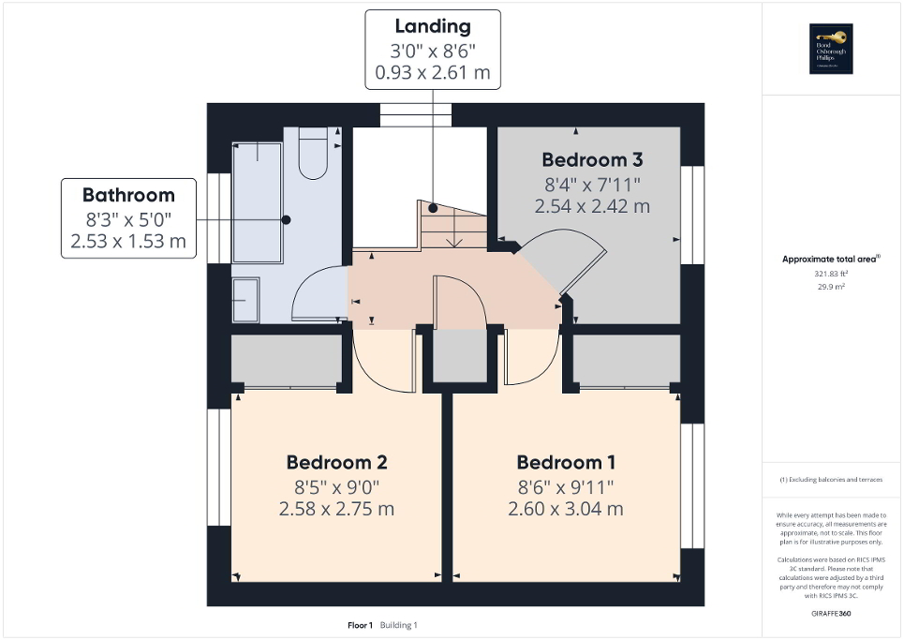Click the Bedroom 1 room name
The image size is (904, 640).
point(566,462)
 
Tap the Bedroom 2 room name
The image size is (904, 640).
point(336,462)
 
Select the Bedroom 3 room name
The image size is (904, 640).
point(591,158)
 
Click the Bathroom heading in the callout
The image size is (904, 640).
point(128,195)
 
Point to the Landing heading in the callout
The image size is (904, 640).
point(432,26)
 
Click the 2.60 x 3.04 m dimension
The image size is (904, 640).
point(566,510)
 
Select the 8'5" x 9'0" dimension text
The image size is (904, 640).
point(336,486)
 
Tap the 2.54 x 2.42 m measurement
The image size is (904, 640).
point(591,206)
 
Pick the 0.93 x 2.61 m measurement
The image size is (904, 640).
point(432,72)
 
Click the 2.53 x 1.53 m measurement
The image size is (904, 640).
point(128,242)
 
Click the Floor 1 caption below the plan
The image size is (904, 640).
point(360,625)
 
